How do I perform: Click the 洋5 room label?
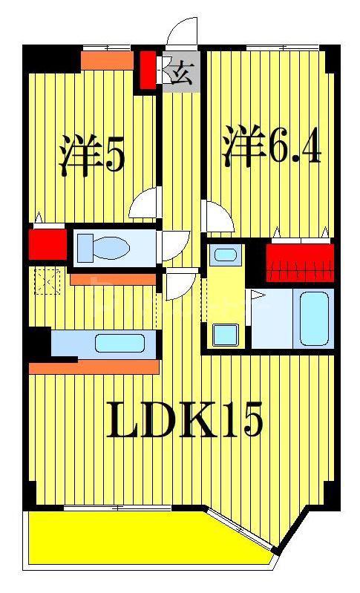pos(91,155)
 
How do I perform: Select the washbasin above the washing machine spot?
pos(226,252)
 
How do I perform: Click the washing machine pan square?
pos(226,335)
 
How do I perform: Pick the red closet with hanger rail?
pos(300,263)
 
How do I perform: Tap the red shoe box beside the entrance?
pos(148,71)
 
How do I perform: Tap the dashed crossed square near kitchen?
pos(48,281)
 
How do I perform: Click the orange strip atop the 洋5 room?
pos(108,61)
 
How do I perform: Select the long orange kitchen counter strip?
pos(94,367)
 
